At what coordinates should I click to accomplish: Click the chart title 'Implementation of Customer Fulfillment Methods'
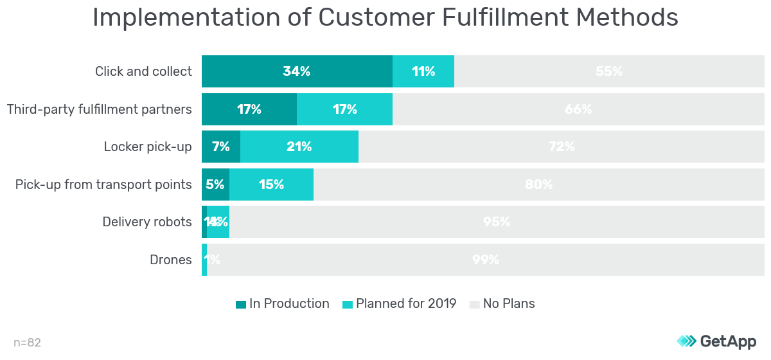pos(385,17)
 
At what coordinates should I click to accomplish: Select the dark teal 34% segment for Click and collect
pos(297,71)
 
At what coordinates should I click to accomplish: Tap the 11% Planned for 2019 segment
pos(423,71)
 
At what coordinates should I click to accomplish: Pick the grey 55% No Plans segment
pos(609,71)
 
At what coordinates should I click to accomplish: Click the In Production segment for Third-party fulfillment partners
pos(249,109)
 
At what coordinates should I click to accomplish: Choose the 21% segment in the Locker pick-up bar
pos(299,147)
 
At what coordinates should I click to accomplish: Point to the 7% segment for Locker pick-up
pos(221,147)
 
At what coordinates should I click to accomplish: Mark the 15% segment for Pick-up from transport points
pos(271,184)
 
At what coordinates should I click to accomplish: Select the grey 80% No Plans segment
pos(538,184)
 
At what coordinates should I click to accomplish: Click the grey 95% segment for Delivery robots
pos(496,222)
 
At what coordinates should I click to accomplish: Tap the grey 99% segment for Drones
pos(486,260)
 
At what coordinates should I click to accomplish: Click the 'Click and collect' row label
pos(143,71)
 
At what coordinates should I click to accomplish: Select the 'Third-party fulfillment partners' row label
pos(100,109)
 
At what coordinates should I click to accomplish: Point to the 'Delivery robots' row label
pos(147,222)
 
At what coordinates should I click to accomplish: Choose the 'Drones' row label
pos(171,260)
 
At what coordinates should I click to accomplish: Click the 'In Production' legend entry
pos(283,304)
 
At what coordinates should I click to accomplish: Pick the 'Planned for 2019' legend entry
pos(400,304)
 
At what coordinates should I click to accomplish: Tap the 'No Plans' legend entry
pos(502,304)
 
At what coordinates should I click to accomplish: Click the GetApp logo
pos(716,341)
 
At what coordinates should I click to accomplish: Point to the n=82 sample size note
pos(27,343)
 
